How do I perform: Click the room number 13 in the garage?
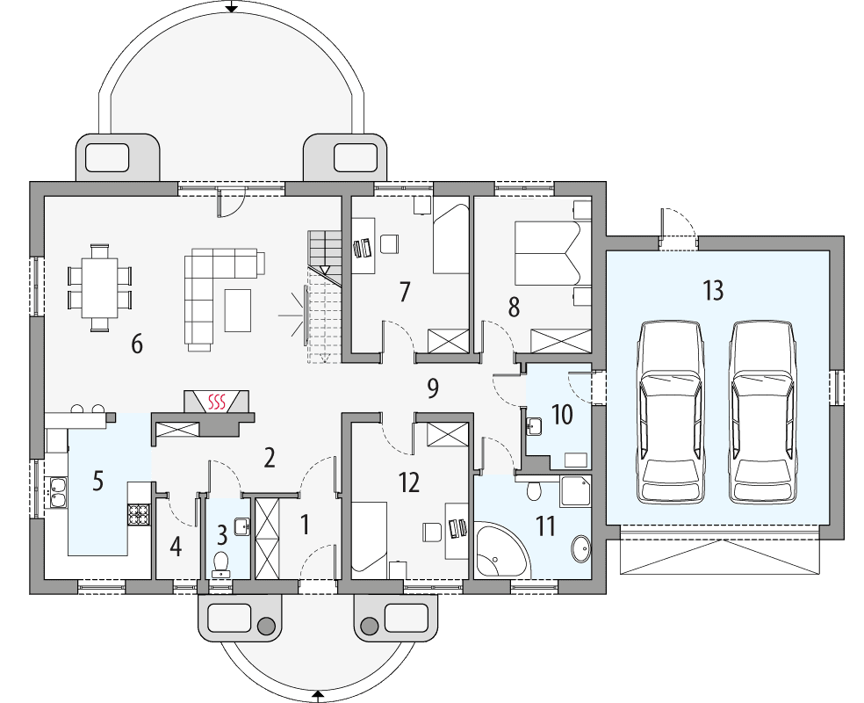pyautogui.click(x=713, y=290)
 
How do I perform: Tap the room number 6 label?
pyautogui.click(x=136, y=344)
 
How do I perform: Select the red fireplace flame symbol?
pyautogui.click(x=217, y=402)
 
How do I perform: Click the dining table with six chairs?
pyautogui.click(x=100, y=287)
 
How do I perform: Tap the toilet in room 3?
pyautogui.click(x=221, y=561)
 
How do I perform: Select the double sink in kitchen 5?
pyautogui.click(x=58, y=492)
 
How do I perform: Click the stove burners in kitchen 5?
pyautogui.click(x=139, y=513)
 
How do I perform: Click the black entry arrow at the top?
pyautogui.click(x=231, y=8)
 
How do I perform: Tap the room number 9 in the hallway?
pyautogui.click(x=431, y=388)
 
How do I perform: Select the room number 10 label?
pyautogui.click(x=561, y=415)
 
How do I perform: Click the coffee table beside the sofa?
pyautogui.click(x=238, y=310)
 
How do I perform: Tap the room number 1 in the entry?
pyautogui.click(x=305, y=525)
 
